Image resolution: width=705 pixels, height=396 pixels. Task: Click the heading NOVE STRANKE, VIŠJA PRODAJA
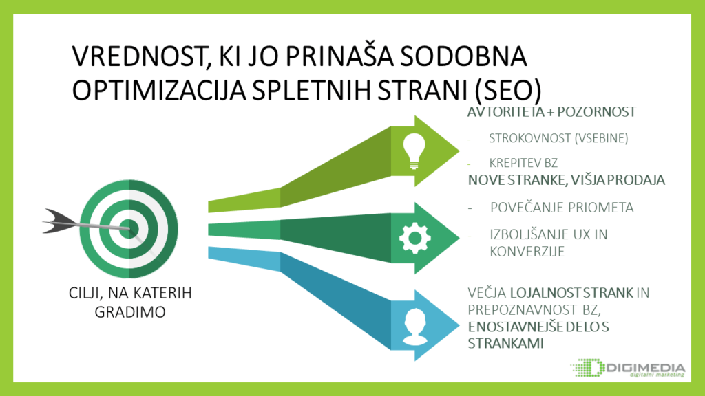[566, 180]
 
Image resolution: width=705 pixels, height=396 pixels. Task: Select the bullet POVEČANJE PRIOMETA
[562, 208]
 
